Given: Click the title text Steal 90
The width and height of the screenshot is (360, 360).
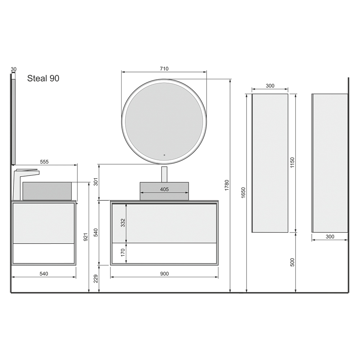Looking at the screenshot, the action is (x=43, y=78).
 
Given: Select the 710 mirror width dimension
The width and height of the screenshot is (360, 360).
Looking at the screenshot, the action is (x=164, y=69).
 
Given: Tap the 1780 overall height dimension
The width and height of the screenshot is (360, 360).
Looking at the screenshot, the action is (x=226, y=185).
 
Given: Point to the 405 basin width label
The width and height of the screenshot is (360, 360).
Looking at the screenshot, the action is (x=165, y=189).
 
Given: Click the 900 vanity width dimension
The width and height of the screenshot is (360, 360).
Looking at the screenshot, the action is (x=165, y=274).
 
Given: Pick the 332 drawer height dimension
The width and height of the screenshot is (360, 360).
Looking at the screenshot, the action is (x=123, y=223).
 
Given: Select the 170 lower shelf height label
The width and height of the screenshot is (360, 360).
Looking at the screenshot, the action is (x=123, y=253).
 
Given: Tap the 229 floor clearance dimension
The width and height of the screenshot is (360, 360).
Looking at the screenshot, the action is (x=96, y=279).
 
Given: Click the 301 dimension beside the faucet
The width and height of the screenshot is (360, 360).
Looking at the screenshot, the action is (x=96, y=182).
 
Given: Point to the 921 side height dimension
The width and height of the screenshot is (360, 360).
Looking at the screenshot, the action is (x=85, y=237).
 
